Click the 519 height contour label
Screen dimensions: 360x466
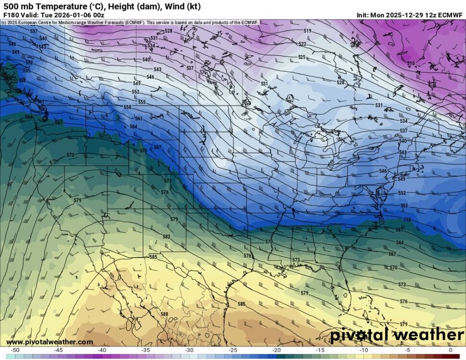tap(307, 31)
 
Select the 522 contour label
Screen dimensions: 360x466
tap(302, 44)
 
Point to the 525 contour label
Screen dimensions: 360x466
tap(302, 57)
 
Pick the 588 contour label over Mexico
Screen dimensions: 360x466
tap(164, 314)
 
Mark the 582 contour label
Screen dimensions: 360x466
tap(166, 237)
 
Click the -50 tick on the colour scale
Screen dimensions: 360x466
tap(16, 350)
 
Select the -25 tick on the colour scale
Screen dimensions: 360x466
tap(233, 350)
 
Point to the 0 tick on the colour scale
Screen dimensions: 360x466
tap(450, 350)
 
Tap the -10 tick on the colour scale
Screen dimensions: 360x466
tap(364, 350)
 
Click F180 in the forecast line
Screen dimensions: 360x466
tap(12, 15)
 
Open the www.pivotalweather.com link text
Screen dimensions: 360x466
tap(49, 342)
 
